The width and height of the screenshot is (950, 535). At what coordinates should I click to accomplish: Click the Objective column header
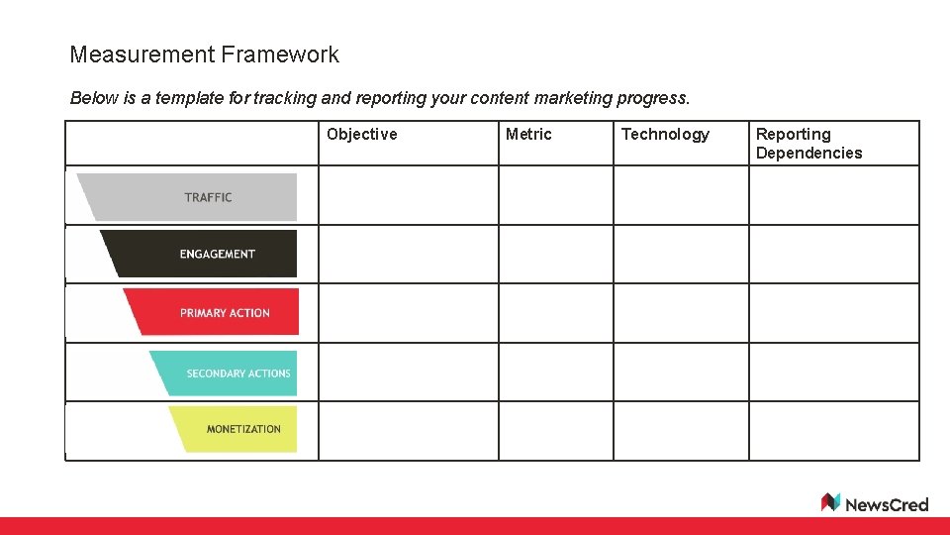point(361,135)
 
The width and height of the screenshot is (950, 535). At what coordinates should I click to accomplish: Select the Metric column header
point(528,135)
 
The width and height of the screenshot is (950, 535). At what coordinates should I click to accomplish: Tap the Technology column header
point(665,135)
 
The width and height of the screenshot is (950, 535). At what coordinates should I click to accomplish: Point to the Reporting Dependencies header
point(808,144)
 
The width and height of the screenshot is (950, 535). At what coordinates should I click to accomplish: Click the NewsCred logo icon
point(830,502)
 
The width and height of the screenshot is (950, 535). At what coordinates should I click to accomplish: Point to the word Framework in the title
point(280,54)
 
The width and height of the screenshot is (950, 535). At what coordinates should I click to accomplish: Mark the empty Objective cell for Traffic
point(408,195)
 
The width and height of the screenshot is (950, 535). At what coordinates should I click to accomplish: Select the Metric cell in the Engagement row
point(555,255)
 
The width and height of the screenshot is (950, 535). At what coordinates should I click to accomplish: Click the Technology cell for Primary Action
point(681,313)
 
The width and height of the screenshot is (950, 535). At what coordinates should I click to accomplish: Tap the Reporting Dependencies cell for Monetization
point(833,430)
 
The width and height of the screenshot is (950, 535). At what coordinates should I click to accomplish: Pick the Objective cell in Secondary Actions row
point(408,372)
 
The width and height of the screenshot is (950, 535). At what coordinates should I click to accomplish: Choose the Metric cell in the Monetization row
point(555,430)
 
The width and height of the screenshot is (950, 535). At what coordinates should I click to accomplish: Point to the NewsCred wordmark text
point(887,504)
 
